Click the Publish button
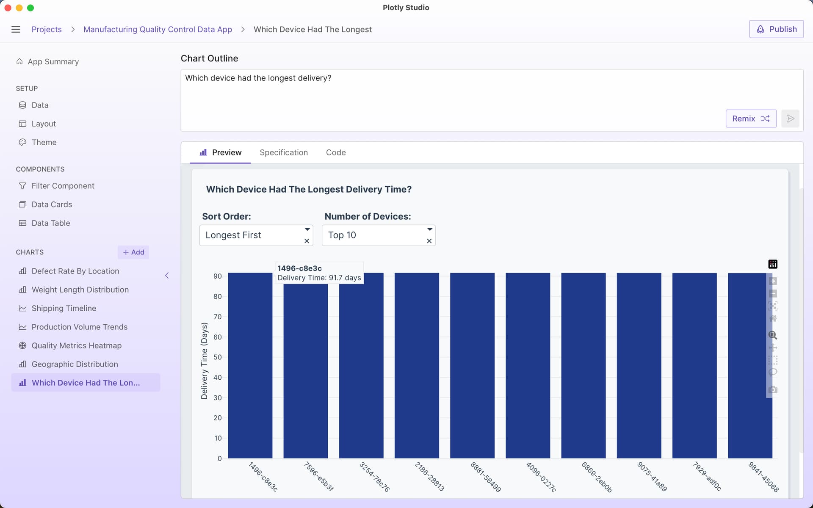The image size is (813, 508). point(776,29)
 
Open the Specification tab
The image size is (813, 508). point(283,152)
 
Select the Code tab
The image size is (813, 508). point(335,152)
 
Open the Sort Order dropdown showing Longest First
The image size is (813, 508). point(252,235)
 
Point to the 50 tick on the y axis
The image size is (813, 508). point(217,357)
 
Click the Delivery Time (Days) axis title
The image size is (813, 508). point(204,361)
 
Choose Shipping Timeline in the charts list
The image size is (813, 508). point(64,308)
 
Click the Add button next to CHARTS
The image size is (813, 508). point(133,252)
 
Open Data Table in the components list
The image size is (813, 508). point(50,223)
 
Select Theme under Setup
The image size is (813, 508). point(44,142)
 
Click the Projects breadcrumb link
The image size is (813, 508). point(47,29)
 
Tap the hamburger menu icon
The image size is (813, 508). point(16,29)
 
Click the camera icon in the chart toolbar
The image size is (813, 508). point(773,390)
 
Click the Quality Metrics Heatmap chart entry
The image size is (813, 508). point(76,345)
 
